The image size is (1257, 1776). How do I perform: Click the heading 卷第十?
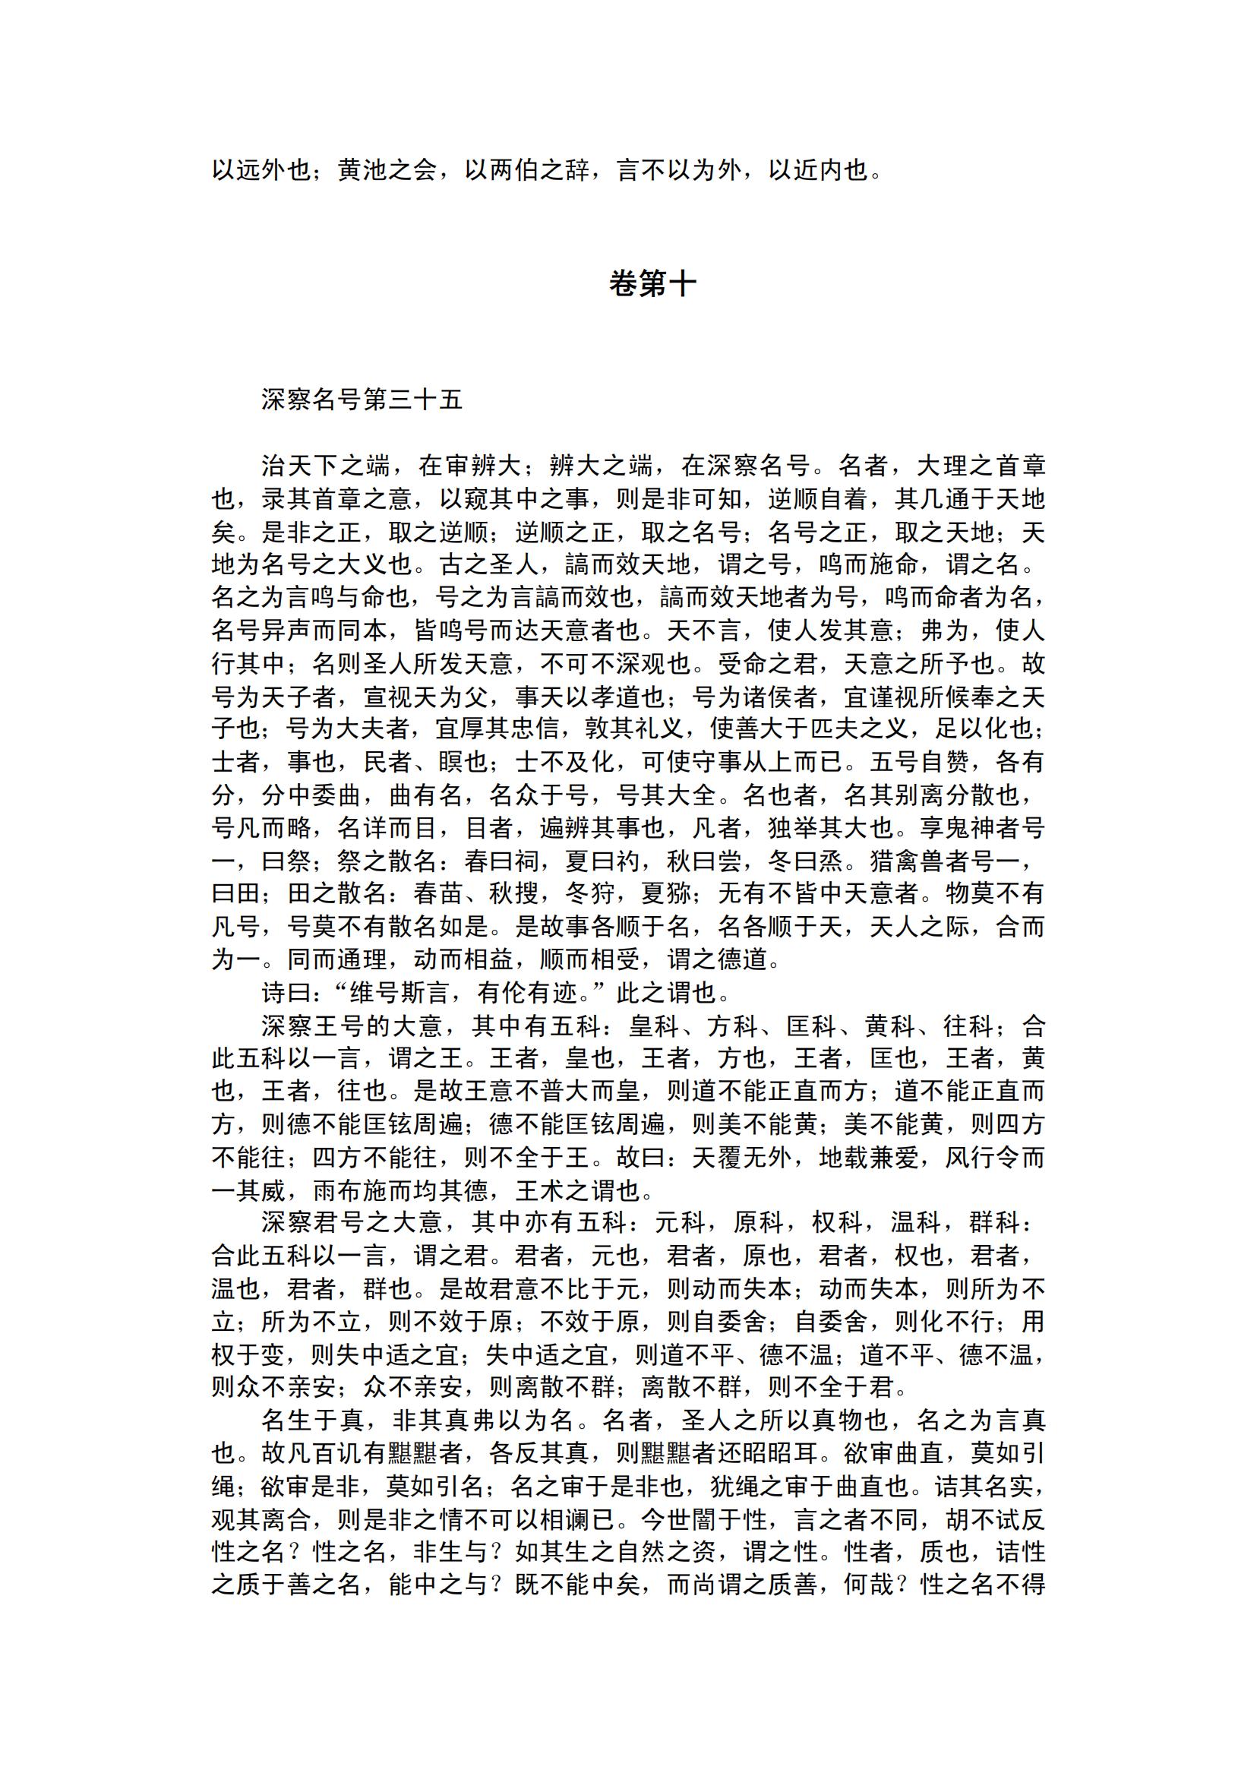tap(652, 285)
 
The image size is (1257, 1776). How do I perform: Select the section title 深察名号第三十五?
tap(362, 400)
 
